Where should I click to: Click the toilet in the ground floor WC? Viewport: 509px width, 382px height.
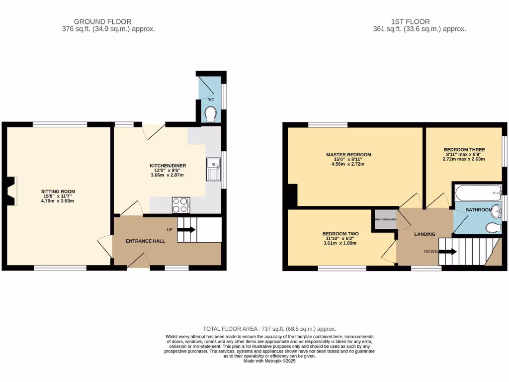point(211,114)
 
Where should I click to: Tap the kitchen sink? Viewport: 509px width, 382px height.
point(213,169)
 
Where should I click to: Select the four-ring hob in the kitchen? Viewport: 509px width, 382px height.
point(180,205)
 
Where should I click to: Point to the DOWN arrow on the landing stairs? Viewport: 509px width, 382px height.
point(447,252)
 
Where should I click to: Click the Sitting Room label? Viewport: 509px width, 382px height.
point(58,191)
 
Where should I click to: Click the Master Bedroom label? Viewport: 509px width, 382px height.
point(348,155)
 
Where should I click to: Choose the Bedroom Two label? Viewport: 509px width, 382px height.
point(340,233)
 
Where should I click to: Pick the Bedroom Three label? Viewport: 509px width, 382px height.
point(464,149)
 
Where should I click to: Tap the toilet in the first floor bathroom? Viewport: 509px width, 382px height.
point(493,228)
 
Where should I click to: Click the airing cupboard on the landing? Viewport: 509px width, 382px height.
point(386,219)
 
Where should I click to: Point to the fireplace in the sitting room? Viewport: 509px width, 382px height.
point(11,191)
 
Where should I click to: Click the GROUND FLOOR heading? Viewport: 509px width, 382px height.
point(102,21)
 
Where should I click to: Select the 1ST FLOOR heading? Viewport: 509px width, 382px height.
point(410,21)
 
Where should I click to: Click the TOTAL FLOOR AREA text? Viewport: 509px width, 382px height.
point(269,329)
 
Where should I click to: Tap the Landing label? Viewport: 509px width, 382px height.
point(424,234)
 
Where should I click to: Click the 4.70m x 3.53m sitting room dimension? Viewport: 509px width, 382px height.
point(58,201)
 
